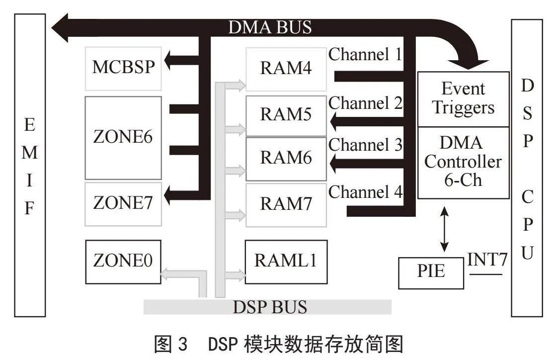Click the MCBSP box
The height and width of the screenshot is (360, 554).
tap(124, 68)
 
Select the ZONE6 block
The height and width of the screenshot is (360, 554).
tap(123, 138)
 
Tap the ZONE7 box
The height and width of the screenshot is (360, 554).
tap(124, 204)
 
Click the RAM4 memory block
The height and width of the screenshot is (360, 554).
tap(286, 68)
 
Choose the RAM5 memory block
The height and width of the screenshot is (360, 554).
tap(286, 116)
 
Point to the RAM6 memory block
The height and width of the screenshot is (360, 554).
tap(286, 159)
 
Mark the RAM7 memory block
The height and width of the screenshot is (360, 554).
tap(286, 204)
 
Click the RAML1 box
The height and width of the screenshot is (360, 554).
tap(286, 261)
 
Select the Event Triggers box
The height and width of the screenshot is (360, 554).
tap(463, 98)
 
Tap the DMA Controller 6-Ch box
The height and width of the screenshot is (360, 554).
tap(463, 162)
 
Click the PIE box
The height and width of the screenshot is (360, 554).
tap(431, 272)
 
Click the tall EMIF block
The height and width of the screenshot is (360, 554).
tap(30, 165)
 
